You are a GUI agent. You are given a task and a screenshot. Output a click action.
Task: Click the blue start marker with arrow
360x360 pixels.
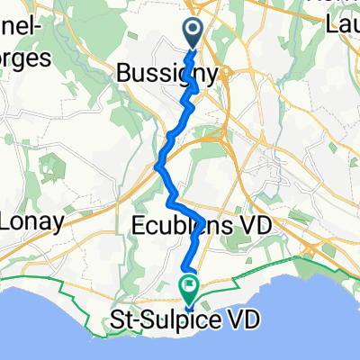click(195, 32)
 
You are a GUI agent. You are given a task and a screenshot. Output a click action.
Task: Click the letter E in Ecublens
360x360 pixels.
click(139, 224)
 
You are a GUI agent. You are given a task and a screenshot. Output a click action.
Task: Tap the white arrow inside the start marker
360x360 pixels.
click(195, 31)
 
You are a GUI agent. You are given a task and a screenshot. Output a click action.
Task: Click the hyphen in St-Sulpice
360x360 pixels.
click(134, 319)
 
